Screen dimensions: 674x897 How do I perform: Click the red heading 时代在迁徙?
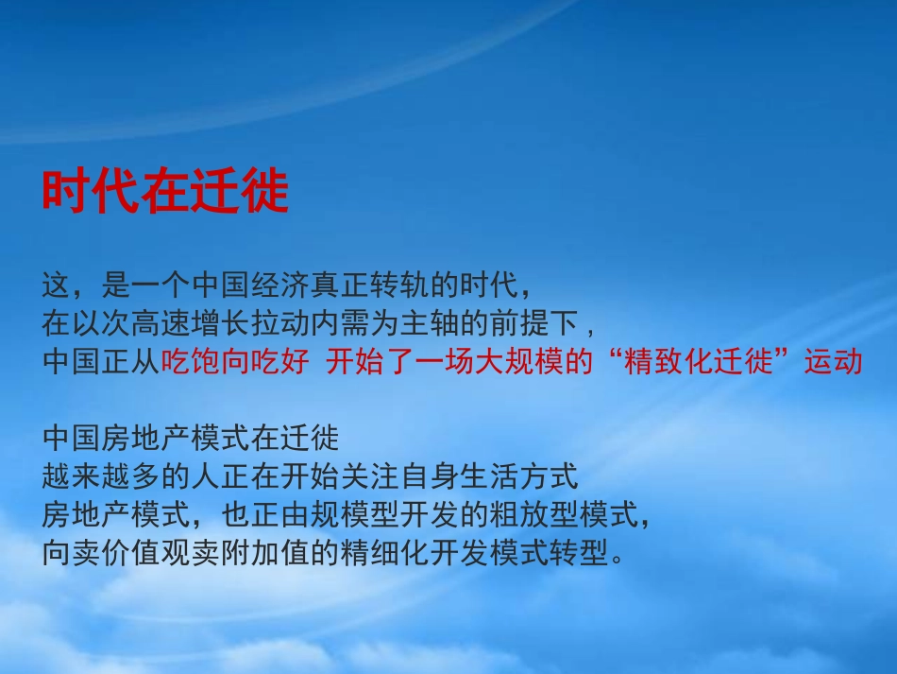(x=165, y=193)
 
